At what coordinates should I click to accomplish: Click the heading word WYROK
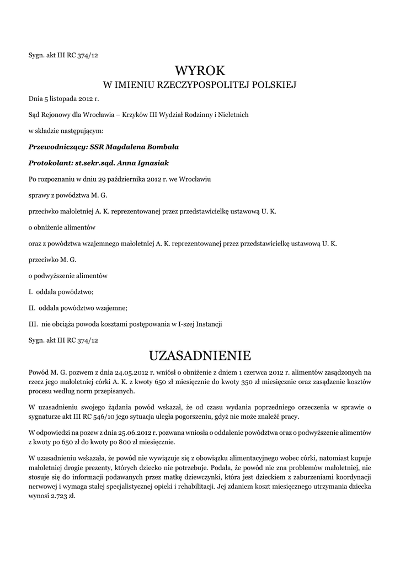(x=200, y=70)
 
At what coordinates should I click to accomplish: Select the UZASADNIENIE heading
(x=200, y=354)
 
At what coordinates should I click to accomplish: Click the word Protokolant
(x=50, y=164)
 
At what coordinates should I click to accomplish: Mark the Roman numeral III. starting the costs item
(x=33, y=323)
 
